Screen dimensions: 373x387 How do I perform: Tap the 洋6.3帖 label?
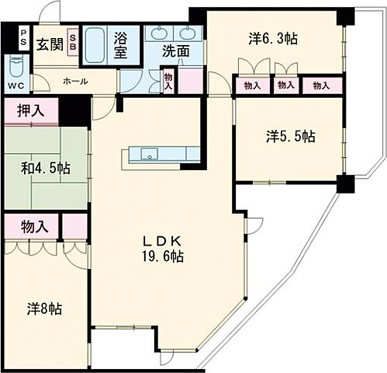(274, 37)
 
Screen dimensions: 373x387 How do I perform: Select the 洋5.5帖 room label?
(290, 137)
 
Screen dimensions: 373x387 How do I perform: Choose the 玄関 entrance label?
(48, 43)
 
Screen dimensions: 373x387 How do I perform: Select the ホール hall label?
(74, 82)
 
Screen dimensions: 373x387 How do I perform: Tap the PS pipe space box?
(24, 39)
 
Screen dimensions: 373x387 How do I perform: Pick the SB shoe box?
(72, 41)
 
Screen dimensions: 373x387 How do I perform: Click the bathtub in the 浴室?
(98, 44)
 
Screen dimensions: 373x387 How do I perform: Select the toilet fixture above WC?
(16, 65)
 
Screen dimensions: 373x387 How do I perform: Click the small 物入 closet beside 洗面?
(168, 81)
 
